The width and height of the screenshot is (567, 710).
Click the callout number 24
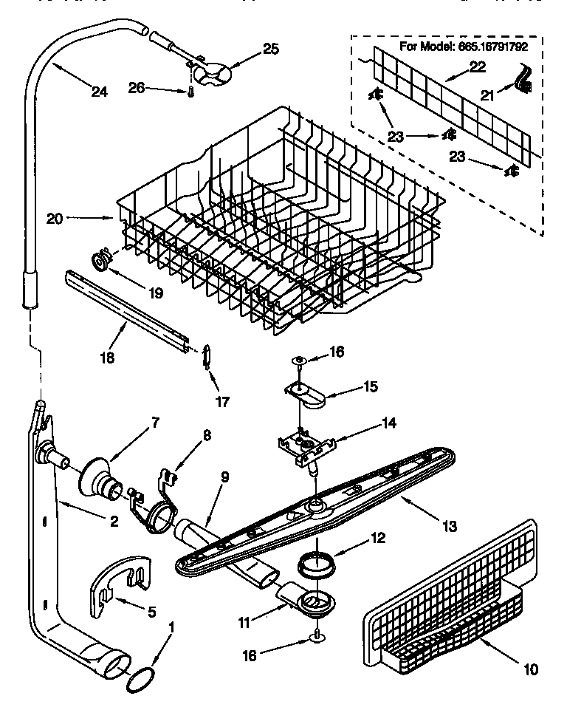pos(99,92)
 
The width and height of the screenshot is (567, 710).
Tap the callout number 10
pos(531,669)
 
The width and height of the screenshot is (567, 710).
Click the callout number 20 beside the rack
pos(54,218)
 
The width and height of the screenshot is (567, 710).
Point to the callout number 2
pos(114,522)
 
